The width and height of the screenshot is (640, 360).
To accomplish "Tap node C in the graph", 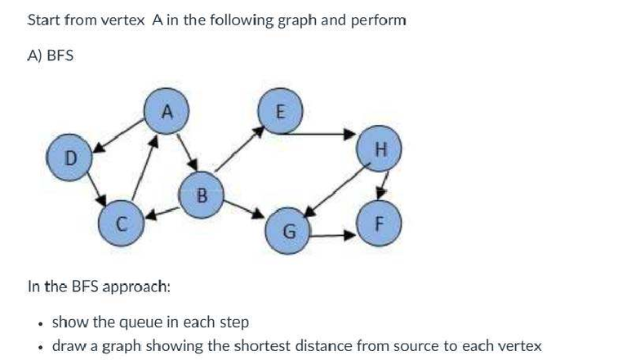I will click(x=120, y=225).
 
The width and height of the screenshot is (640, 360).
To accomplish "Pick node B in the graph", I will click(x=201, y=196).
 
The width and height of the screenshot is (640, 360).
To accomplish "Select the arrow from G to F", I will click(x=335, y=237).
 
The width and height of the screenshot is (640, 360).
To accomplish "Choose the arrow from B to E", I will click(x=242, y=152).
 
